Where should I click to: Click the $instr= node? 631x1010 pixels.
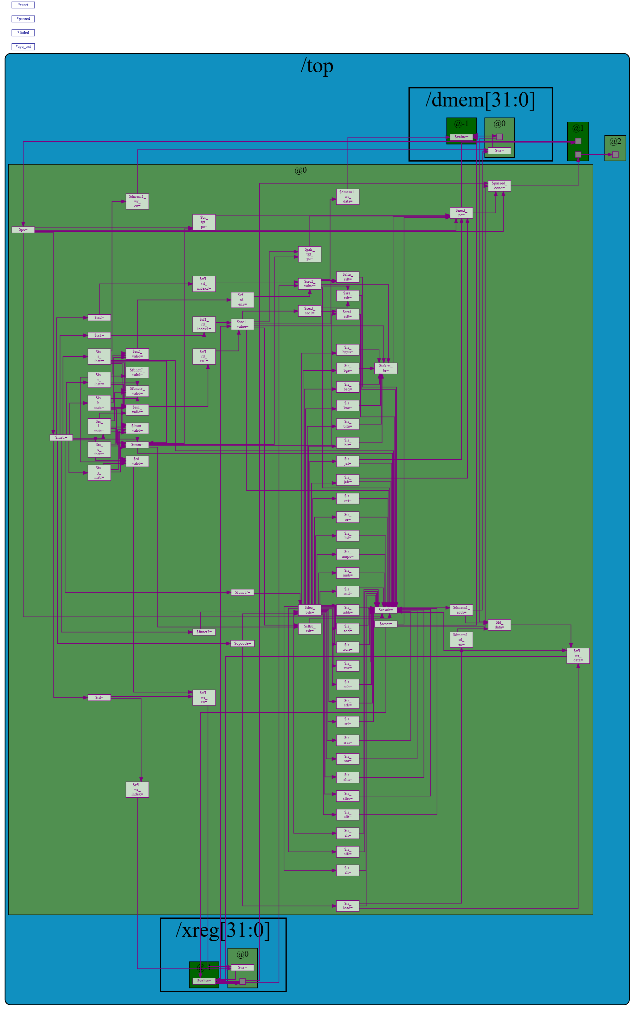[x=61, y=437]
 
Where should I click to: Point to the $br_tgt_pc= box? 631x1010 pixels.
[x=204, y=222]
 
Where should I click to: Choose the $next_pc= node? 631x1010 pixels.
[x=461, y=213]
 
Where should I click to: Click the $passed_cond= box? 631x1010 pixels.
[x=499, y=186]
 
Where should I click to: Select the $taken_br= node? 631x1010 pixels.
[x=386, y=368]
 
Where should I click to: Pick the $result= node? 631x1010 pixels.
[x=386, y=610]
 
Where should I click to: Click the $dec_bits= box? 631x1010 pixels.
[x=309, y=610]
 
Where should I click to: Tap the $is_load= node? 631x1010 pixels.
[x=348, y=906]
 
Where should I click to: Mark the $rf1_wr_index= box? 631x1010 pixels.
[x=137, y=789]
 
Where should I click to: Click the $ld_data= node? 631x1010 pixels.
[x=499, y=625]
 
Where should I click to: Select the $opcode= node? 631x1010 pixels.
[x=242, y=643]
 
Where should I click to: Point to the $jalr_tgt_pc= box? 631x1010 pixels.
[x=309, y=254]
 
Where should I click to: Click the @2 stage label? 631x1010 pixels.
[x=615, y=141]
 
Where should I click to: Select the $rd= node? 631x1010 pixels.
[x=99, y=698]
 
